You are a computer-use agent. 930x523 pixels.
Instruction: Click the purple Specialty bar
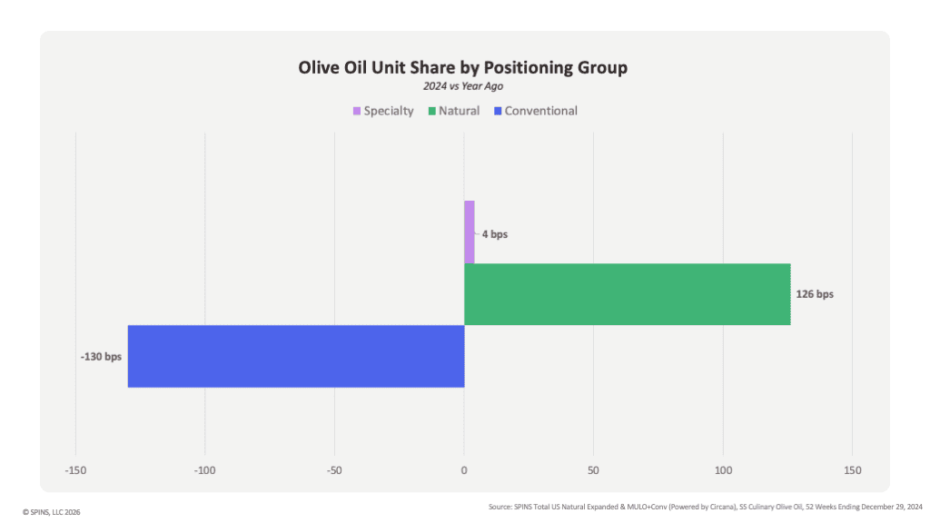470,232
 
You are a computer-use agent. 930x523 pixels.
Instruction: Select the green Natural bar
628,294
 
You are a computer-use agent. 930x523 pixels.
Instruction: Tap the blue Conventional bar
296,356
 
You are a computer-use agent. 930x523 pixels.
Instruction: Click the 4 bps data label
495,234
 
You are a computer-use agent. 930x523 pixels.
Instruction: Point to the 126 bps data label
815,294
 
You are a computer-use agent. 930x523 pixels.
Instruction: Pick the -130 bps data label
101,356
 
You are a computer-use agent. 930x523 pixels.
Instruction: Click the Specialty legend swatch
357,111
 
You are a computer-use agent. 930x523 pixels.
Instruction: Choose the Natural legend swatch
432,111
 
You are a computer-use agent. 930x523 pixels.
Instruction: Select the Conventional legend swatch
499,111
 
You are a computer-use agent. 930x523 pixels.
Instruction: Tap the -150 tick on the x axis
75,470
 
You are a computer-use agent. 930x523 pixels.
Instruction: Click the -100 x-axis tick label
204,470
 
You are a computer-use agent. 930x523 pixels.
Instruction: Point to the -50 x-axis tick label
334,470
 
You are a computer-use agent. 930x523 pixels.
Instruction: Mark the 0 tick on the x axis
464,470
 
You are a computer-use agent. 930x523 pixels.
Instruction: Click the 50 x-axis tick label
593,470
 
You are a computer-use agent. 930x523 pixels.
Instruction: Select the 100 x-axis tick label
723,470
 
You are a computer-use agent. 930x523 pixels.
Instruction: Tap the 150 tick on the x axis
852,470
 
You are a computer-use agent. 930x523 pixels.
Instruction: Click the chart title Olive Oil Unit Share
462,67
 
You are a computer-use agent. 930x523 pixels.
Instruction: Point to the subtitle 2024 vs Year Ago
463,86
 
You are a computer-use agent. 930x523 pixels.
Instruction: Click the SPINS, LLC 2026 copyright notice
52,512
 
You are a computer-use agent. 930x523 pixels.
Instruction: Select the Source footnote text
705,507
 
